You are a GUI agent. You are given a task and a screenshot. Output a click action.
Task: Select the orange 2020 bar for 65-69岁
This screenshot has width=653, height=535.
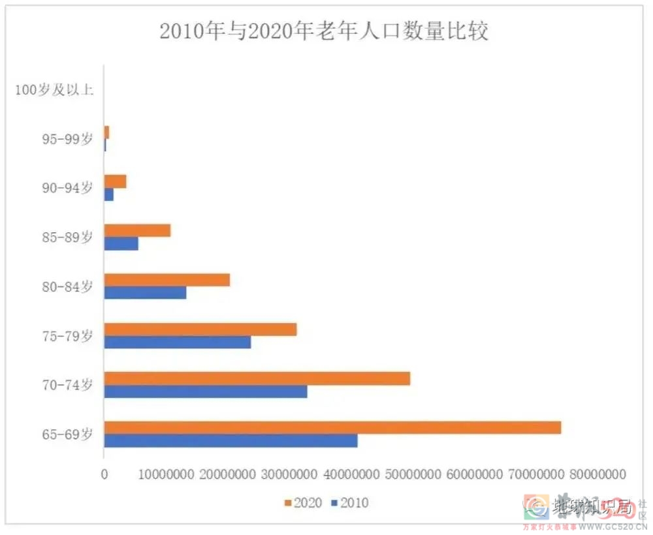pyautogui.click(x=332, y=427)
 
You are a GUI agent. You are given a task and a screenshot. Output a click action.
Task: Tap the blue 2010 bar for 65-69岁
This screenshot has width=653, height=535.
pyautogui.click(x=231, y=440)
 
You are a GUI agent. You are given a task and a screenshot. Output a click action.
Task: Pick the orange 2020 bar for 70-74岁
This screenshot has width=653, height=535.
pyautogui.click(x=257, y=378)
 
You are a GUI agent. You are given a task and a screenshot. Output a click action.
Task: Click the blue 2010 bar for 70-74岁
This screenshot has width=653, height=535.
pyautogui.click(x=206, y=391)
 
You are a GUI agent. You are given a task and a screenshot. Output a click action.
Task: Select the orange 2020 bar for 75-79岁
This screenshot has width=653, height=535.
pyautogui.click(x=200, y=329)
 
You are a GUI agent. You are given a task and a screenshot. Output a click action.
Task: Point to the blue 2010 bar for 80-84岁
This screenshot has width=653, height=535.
pyautogui.click(x=145, y=292)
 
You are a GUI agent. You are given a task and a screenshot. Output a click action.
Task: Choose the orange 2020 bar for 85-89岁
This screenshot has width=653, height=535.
pyautogui.click(x=137, y=230)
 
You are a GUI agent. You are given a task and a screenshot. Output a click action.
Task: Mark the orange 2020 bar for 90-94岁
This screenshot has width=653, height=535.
pyautogui.click(x=115, y=181)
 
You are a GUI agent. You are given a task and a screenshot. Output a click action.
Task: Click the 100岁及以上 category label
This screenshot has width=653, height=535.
pyautogui.click(x=55, y=89)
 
